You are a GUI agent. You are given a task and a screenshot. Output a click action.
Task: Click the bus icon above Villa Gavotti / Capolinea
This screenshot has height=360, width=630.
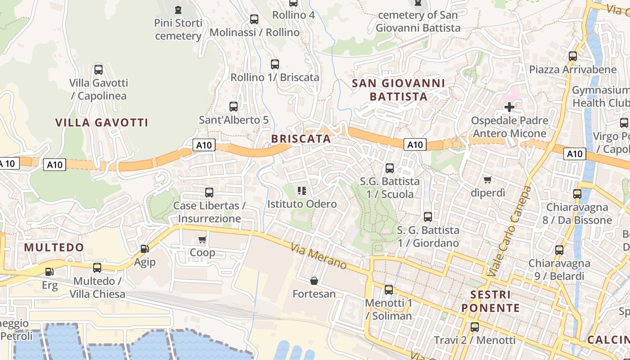[98, 70]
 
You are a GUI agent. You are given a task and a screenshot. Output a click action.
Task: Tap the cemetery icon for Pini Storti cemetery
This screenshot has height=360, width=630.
[178, 9]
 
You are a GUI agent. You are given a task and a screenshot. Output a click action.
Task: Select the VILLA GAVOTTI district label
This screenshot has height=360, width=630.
[102, 122]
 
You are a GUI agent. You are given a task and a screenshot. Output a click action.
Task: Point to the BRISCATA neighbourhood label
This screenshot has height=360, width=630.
[301, 139]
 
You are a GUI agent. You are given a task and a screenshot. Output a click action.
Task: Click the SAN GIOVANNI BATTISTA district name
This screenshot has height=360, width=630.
[398, 90]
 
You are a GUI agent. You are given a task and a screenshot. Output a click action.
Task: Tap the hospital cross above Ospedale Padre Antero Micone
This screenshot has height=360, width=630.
[509, 107]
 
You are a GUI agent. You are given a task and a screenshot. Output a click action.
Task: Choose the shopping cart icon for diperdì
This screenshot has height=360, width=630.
[487, 180]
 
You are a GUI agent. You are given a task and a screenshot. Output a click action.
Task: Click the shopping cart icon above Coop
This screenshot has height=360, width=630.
[202, 239]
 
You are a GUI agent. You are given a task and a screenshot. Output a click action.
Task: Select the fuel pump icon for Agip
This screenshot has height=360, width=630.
[144, 248]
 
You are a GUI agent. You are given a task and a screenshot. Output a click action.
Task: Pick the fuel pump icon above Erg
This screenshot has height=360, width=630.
[49, 272]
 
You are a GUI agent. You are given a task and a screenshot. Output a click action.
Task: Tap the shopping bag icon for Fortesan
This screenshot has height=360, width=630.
[314, 281]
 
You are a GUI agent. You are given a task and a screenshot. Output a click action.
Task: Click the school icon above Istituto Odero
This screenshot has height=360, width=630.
[301, 191]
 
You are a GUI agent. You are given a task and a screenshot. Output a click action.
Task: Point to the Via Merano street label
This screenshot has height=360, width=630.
[319, 256]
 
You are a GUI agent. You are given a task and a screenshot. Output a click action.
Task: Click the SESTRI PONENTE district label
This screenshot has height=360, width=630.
[490, 301]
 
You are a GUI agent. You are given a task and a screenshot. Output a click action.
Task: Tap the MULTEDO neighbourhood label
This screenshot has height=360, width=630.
[54, 247]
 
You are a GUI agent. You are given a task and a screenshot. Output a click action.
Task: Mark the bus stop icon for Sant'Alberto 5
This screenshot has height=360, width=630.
[234, 107]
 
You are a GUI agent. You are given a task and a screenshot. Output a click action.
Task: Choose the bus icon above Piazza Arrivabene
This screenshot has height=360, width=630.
[572, 56]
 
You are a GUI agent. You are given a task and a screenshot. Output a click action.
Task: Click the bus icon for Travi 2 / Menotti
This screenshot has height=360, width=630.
[474, 327]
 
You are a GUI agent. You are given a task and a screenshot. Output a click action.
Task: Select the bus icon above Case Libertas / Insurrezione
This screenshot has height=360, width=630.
[209, 193]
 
